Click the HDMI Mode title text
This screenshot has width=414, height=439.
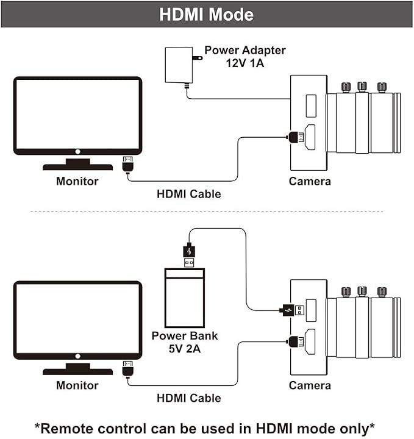pyautogui.click(x=206, y=14)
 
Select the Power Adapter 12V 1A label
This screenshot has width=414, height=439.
pyautogui.click(x=245, y=57)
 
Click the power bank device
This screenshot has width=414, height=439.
pyautogui.click(x=185, y=298)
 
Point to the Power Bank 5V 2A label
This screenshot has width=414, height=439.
pyautogui.click(x=185, y=342)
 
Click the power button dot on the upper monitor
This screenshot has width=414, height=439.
pyautogui.click(x=78, y=151)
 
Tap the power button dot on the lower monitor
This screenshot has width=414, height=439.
pyautogui.click(x=78, y=356)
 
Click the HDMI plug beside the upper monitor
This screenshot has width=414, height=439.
pyautogui.click(x=127, y=165)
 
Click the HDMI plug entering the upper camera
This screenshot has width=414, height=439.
pyautogui.click(x=296, y=137)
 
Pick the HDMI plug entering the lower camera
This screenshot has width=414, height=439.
pyautogui.click(x=296, y=341)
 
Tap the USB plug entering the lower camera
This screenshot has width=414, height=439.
pyautogui.click(x=291, y=310)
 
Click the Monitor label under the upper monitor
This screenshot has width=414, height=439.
pyautogui.click(x=77, y=181)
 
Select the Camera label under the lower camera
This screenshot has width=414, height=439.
pyautogui.click(x=310, y=385)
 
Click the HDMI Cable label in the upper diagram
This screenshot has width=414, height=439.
pyautogui.click(x=189, y=194)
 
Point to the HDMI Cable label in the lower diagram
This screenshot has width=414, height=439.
pyautogui.click(x=189, y=398)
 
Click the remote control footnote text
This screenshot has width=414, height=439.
pyautogui.click(x=205, y=429)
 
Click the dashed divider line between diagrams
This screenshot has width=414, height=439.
pyautogui.click(x=207, y=212)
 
